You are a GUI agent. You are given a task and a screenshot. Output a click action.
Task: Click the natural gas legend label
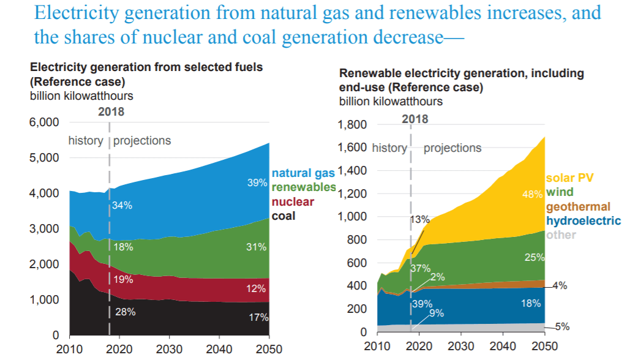click(x=303, y=173)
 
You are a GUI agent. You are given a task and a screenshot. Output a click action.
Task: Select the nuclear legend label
click(x=293, y=201)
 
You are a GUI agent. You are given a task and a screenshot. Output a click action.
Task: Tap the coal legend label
click(x=283, y=216)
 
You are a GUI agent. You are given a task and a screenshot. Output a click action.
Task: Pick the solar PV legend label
click(x=569, y=178)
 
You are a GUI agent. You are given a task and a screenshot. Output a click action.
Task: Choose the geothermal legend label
click(x=578, y=206)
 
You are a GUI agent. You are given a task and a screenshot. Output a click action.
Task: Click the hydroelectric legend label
click(x=583, y=220)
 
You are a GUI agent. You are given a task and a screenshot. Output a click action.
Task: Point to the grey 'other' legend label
click(x=561, y=234)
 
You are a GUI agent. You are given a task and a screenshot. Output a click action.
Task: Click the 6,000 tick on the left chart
click(x=44, y=122)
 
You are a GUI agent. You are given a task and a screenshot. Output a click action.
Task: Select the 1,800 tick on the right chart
click(x=353, y=124)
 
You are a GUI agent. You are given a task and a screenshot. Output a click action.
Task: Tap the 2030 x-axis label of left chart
click(x=169, y=349)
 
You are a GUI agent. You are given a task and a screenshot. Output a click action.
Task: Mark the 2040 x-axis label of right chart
click(x=503, y=346)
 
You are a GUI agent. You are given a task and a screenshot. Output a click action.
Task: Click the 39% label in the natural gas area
click(x=257, y=182)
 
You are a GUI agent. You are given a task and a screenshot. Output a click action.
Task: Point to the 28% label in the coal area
click(x=126, y=312)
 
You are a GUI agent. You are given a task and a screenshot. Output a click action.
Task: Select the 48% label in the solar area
click(x=533, y=195)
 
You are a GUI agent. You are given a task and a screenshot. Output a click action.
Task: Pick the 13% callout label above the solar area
click(x=420, y=219)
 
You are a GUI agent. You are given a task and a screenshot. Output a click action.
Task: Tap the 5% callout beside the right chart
click(x=563, y=327)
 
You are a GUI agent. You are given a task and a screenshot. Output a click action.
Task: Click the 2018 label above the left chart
click(x=111, y=111)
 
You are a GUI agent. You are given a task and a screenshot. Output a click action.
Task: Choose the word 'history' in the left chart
click(x=86, y=141)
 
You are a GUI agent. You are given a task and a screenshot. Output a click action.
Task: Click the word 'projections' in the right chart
click(x=452, y=148)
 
